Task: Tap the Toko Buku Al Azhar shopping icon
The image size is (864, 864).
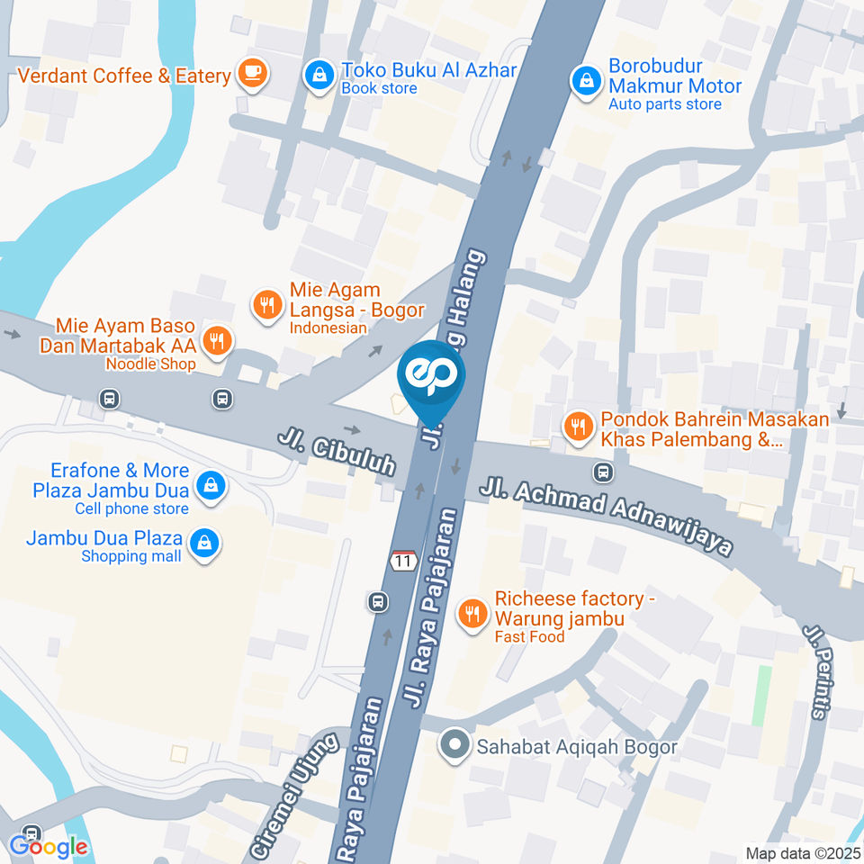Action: [x=319, y=76]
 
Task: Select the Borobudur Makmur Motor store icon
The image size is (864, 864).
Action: [x=587, y=81]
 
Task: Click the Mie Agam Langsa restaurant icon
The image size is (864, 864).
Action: [x=266, y=304]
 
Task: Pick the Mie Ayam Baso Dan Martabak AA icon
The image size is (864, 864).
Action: [x=215, y=340]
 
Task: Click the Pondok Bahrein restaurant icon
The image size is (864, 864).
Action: [x=577, y=426]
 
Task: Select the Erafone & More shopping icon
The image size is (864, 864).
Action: [x=210, y=486]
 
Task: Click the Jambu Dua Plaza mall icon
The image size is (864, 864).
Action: [x=205, y=543]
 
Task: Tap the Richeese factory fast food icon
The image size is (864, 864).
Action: [x=472, y=615]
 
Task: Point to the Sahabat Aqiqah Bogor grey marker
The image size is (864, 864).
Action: [x=455, y=745]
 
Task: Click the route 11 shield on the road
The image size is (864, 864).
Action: [x=402, y=561]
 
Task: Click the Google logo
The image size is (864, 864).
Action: [x=49, y=846]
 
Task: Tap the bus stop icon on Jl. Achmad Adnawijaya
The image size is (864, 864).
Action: [x=603, y=471]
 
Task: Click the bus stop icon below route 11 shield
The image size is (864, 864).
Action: [x=379, y=601]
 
